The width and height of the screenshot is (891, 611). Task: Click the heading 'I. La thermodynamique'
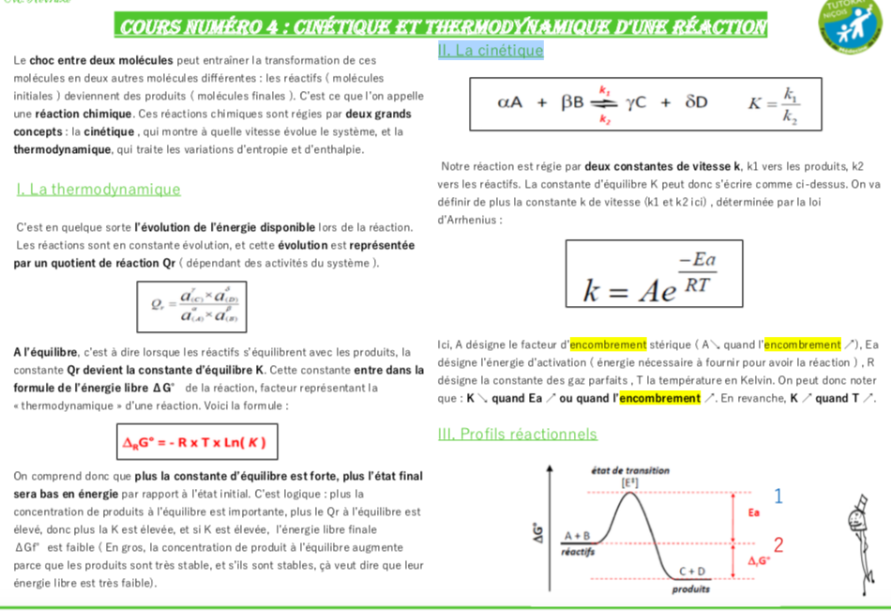pos(98,190)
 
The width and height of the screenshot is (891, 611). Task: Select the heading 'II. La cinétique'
pos(491,51)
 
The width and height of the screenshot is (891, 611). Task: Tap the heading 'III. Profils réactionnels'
pos(517,434)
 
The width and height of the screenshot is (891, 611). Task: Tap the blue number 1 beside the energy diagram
pos(778,495)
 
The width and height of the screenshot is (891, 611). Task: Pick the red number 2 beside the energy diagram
pos(778,544)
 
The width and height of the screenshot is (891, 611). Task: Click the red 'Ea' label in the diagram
pos(753,513)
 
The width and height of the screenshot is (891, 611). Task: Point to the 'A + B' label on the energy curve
pos(576,536)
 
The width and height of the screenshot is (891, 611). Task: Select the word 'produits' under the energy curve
pos(690,590)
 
